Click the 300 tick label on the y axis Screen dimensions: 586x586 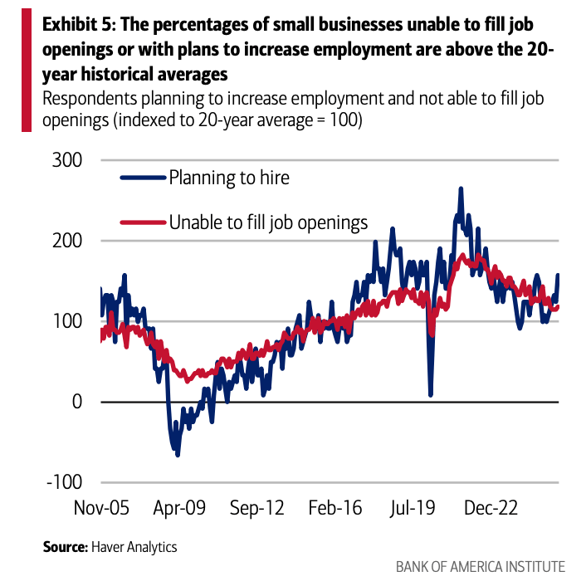tap(67, 160)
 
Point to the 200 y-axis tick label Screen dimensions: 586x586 tap(67, 241)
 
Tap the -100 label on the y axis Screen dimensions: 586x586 tap(64, 482)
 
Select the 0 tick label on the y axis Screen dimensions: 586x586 tap(77, 402)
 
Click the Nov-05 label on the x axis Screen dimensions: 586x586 tap(101, 508)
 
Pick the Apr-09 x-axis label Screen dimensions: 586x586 tap(179, 508)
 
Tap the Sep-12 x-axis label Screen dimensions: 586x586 tap(257, 508)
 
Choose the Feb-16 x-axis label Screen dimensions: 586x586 tap(335, 508)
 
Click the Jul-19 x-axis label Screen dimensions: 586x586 tap(413, 508)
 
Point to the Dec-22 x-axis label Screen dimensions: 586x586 tap(491, 508)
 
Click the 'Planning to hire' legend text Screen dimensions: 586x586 tap(229, 178)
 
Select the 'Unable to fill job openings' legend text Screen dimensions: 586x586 tap(268, 222)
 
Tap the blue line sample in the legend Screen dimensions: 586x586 tap(143, 178)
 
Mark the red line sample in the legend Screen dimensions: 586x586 tap(143, 222)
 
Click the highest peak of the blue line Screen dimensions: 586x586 tap(461, 188)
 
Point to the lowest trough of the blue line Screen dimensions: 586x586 tap(178, 455)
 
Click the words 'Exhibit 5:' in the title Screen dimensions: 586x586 tap(79, 25)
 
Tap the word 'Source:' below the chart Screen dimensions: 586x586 tap(66, 547)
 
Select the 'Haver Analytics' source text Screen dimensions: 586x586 tap(134, 547)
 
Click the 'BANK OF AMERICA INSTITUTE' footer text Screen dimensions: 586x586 tap(481, 567)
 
